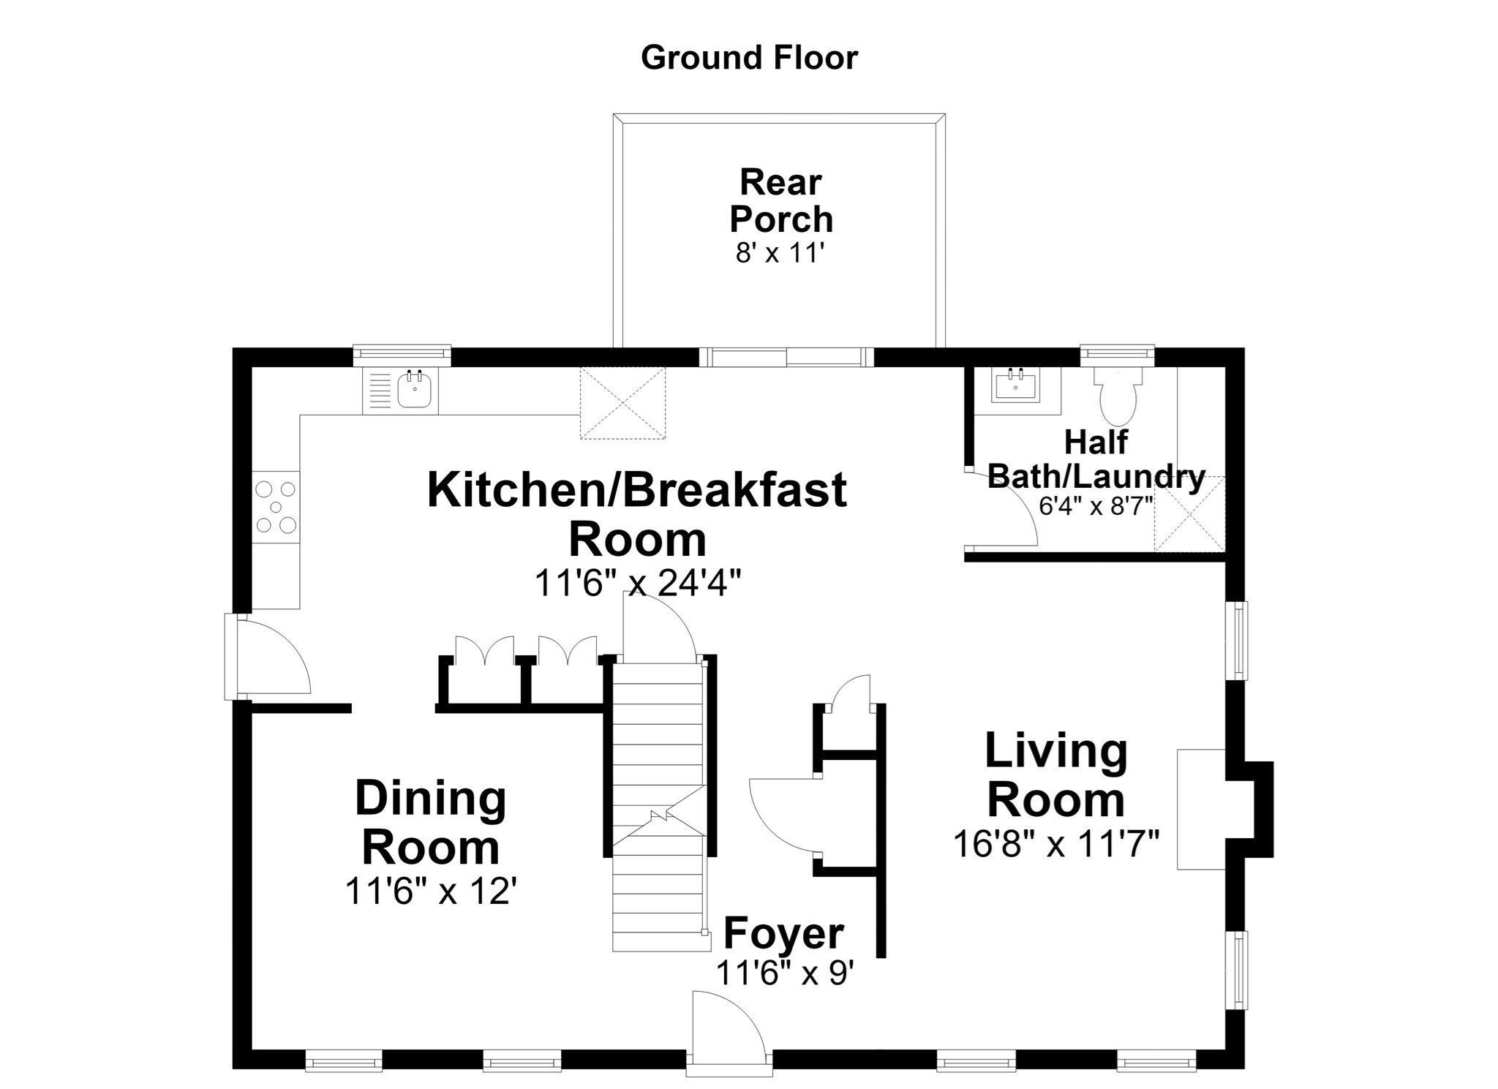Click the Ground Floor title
(749, 58)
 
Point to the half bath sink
(1017, 385)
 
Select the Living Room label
(1056, 775)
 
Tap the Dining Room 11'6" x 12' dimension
(431, 892)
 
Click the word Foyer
(783, 933)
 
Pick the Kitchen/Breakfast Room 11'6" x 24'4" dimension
(638, 583)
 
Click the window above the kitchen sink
(402, 355)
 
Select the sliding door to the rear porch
(786, 357)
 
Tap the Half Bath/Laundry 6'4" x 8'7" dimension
(1096, 506)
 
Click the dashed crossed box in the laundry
(1189, 513)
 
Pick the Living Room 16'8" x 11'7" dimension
(1056, 844)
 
